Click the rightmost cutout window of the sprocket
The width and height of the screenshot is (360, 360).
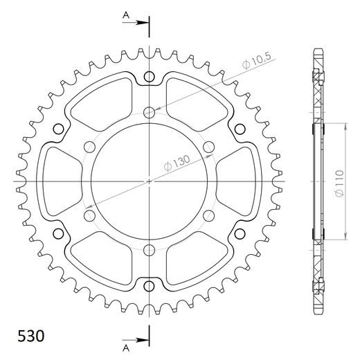pyautogui.click(x=240, y=181)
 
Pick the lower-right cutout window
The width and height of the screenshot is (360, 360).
pyautogui.click(x=195, y=260)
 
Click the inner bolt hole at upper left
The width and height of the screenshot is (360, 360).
pyautogui.click(x=89, y=147)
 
